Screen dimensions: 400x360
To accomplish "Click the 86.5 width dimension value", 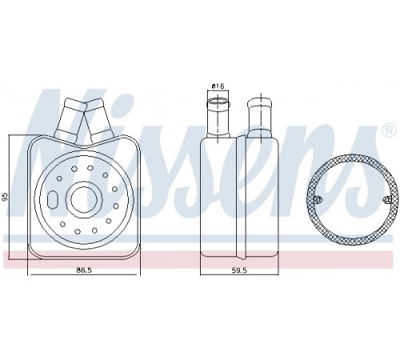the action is coord(84,270).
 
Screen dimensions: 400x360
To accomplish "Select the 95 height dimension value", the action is coord(5,197).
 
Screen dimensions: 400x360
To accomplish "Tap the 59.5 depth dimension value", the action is coord(239,270).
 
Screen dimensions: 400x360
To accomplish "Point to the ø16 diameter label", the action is coord(218,86).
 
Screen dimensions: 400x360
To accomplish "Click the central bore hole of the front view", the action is coord(83,199).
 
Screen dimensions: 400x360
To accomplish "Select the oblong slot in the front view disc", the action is coord(52,199).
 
